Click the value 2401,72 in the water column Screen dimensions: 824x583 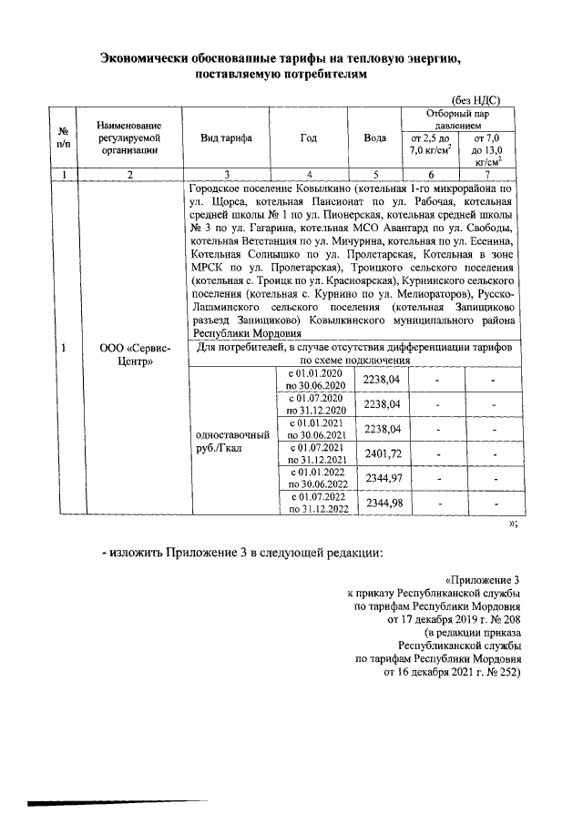point(383,453)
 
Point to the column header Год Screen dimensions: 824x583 point(310,138)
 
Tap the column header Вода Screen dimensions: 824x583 point(375,138)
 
